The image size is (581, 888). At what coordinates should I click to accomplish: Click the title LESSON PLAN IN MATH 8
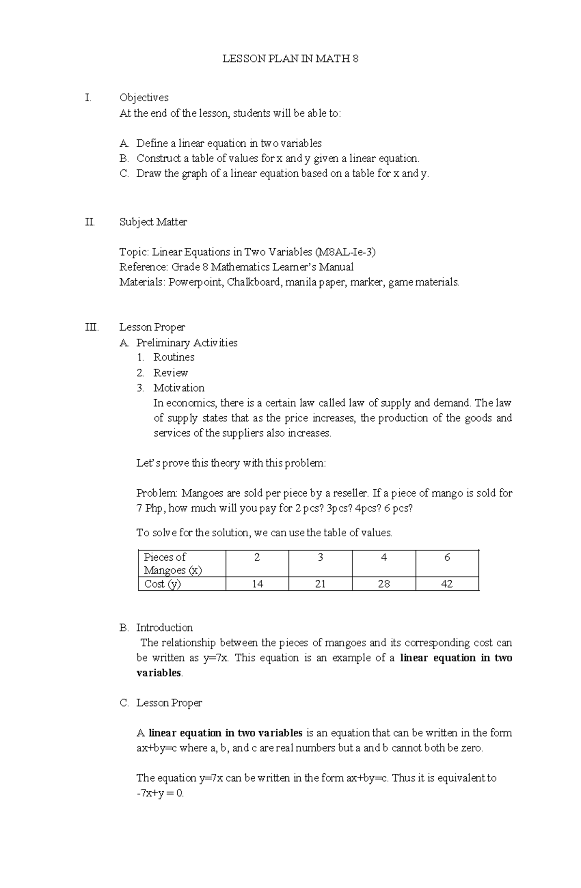click(290, 59)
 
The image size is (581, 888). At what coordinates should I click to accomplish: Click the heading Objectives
click(144, 98)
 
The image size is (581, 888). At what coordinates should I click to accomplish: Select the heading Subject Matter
click(153, 222)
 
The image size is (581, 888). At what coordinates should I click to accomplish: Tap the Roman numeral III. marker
click(92, 328)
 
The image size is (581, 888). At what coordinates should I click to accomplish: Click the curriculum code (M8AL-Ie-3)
click(345, 252)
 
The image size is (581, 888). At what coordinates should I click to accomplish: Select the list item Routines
click(174, 358)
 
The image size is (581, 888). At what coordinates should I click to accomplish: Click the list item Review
click(170, 373)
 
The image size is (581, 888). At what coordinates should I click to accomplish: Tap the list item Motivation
click(179, 388)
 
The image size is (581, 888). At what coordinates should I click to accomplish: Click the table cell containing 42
click(446, 584)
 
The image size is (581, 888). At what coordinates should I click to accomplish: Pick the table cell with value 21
click(320, 584)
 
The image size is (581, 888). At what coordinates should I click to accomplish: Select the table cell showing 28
click(383, 584)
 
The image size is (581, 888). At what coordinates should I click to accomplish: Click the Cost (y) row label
click(163, 584)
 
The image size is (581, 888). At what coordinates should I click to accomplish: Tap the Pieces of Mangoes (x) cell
click(173, 564)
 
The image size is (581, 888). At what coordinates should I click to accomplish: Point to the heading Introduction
click(164, 628)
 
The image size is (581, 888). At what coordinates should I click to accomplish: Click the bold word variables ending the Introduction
click(159, 673)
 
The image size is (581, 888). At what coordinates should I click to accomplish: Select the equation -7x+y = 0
click(160, 794)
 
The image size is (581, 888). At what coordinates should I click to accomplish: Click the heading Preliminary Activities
click(186, 343)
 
